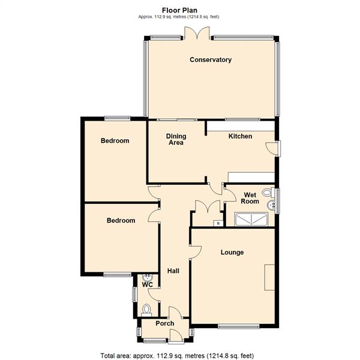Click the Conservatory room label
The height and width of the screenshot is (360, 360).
point(211,59)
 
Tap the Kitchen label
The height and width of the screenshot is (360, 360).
point(240,136)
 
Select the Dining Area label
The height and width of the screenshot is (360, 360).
point(176,139)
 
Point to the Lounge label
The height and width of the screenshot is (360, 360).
point(232,253)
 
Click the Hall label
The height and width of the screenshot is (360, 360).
point(173,271)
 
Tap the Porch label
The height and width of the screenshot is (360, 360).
point(165,323)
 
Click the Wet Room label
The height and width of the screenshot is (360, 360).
point(250,198)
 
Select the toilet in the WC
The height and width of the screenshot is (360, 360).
point(146,309)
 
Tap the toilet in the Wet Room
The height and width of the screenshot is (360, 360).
point(268,193)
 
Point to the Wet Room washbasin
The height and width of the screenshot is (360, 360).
point(271,205)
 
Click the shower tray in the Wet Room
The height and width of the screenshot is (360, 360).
point(251,219)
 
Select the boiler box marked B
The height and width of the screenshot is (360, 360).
point(218,223)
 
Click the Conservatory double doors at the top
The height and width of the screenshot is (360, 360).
point(197,34)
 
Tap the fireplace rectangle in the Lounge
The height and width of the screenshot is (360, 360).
point(269,277)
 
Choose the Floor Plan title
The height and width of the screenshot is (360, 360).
point(179,10)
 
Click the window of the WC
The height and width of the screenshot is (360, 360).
point(135,295)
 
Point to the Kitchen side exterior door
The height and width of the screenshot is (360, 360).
point(273,149)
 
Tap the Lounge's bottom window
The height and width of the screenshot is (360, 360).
point(239,326)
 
